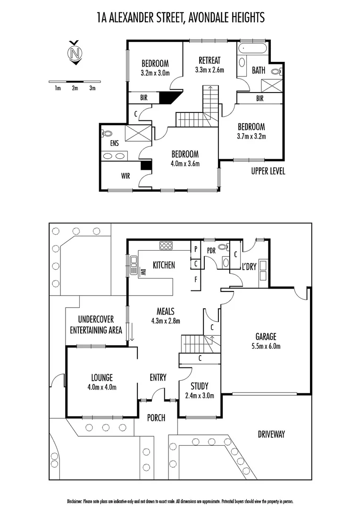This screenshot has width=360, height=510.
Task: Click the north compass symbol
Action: (74, 52)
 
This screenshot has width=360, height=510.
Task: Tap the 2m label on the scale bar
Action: (75, 88)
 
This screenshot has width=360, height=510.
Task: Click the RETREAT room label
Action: (209, 60)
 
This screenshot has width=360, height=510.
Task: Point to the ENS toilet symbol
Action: (107, 134)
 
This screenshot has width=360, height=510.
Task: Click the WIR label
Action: (126, 176)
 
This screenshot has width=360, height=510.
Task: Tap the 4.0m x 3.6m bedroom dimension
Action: (185, 164)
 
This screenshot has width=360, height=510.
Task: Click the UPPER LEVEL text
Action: (268, 171)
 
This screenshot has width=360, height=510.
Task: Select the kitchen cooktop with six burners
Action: (166, 245)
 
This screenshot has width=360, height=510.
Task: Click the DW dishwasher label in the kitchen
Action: (142, 272)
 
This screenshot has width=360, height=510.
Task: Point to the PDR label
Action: (210, 251)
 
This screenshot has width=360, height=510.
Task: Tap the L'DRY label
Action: (249, 267)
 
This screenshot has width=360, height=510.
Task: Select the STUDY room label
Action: (199, 386)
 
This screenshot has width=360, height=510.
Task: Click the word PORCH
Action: (156, 417)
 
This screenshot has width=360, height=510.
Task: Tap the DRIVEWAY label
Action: (271, 434)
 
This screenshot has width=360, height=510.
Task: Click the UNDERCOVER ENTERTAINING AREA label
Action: (96, 325)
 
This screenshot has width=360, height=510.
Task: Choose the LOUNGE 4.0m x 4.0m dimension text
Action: (101, 387)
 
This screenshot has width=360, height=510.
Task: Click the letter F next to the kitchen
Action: (195, 279)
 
